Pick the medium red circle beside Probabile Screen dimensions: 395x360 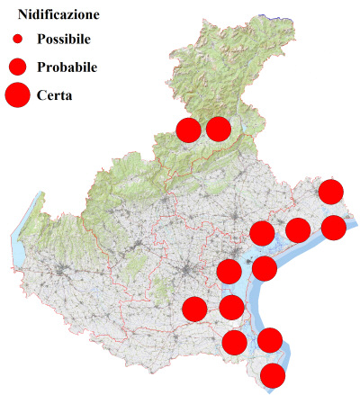(x=18, y=67)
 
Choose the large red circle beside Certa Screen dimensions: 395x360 (x=18, y=94)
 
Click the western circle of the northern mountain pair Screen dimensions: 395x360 (x=188, y=130)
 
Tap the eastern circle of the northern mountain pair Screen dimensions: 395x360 (x=219, y=129)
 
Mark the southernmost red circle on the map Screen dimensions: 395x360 (x=273, y=375)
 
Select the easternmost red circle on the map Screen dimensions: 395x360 (x=333, y=227)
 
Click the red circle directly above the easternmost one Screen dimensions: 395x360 (x=331, y=191)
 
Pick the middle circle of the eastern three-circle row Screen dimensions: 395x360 (x=298, y=229)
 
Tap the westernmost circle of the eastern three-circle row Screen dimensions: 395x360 (x=262, y=233)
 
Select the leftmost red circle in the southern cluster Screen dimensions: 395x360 (x=194, y=309)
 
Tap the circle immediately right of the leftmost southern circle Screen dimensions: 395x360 (x=231, y=307)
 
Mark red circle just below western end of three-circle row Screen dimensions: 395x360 (x=265, y=267)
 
